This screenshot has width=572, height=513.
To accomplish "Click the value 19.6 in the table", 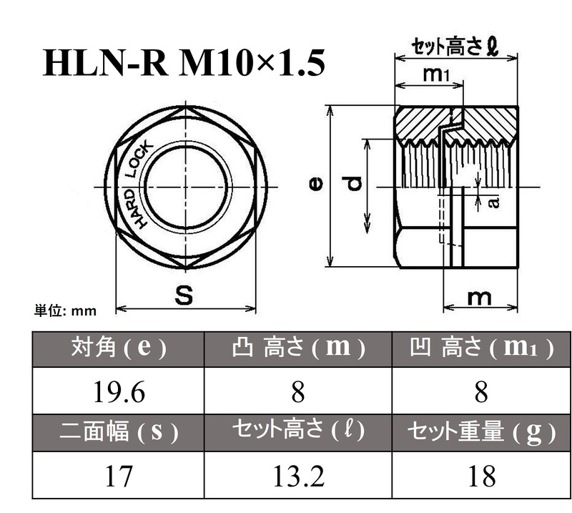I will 119,391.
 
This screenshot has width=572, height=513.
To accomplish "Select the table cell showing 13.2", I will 298,475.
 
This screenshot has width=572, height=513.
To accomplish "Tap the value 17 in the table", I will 119,475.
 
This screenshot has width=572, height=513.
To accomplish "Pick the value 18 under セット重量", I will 480,475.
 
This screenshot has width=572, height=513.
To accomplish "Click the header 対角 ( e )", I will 119,348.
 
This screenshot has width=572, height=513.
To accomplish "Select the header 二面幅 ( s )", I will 119,431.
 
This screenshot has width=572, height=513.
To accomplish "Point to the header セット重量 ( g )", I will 480,431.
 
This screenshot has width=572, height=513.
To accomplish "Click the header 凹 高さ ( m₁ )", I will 480,348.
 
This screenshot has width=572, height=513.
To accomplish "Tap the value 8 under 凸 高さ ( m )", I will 298,391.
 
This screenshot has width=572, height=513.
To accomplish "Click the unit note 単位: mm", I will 65,311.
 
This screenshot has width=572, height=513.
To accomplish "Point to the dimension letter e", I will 315,185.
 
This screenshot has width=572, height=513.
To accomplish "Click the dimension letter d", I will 354,185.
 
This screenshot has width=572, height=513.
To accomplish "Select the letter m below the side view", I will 479,297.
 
